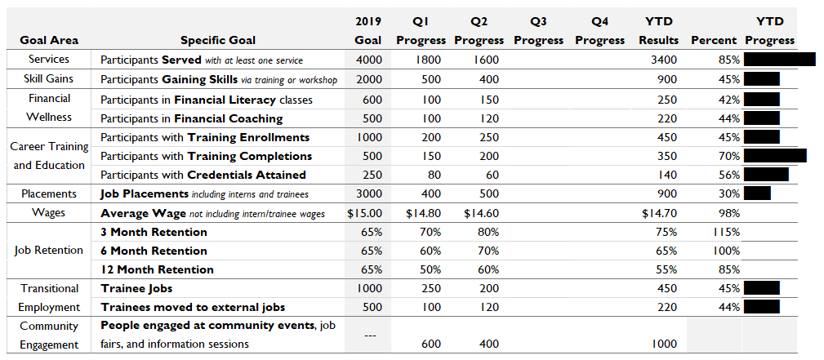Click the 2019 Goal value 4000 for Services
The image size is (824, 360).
369,60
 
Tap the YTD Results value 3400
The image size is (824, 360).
664,60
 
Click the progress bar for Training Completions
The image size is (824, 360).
775,156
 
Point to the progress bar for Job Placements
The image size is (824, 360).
757,193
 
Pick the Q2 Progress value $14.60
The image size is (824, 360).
482,213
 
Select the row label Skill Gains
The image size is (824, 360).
48,79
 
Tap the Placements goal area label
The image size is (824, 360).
49,194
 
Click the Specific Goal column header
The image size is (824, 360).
218,41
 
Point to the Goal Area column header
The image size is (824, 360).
49,41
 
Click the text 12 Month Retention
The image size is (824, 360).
157,269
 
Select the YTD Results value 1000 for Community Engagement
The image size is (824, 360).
664,344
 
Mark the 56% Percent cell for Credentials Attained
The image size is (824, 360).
729,175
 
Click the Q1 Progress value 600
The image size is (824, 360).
431,344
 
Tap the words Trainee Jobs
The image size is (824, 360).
136,288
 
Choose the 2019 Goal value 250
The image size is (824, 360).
372,175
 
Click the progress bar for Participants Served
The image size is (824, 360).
780,59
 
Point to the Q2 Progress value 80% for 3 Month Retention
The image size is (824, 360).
488,232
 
